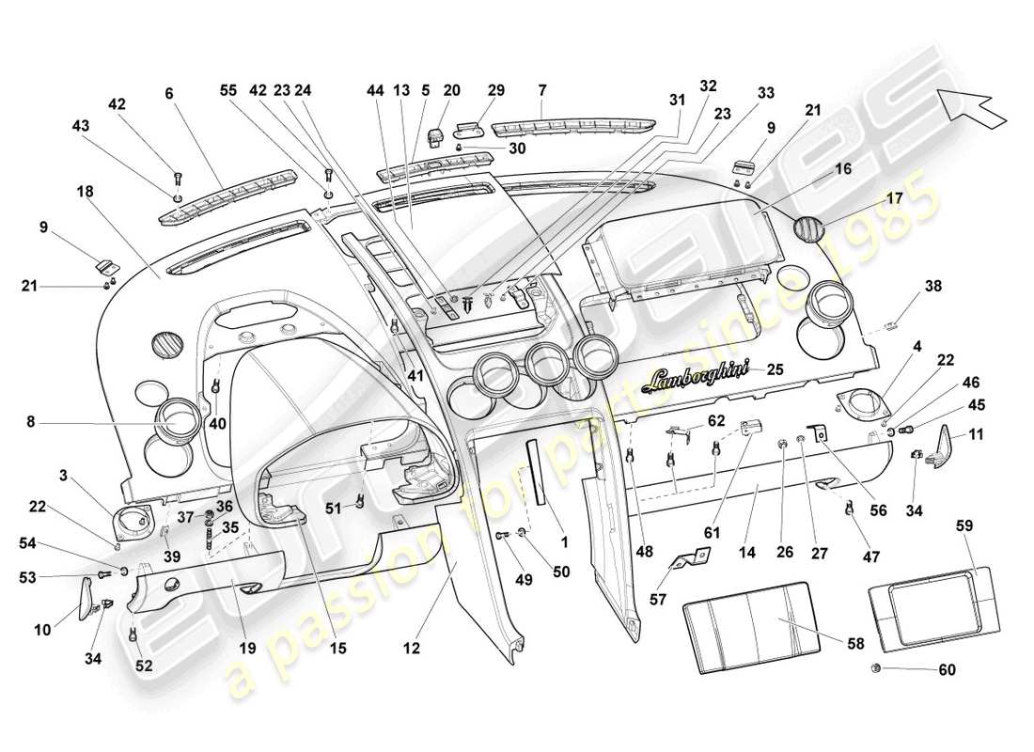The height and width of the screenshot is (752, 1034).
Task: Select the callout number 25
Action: tap(775, 369)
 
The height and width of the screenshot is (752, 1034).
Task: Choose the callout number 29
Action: tap(495, 90)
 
